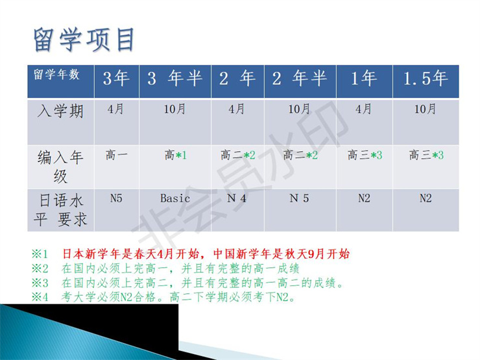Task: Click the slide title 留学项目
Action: pyautogui.click(x=84, y=40)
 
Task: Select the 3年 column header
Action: pyautogui.click(x=116, y=80)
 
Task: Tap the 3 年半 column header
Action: pyautogui.click(x=175, y=80)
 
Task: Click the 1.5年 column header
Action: pyautogui.click(x=426, y=80)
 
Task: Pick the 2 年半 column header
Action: pyautogui.click(x=300, y=80)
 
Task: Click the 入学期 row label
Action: pyautogui.click(x=61, y=112)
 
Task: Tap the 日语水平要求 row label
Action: pyautogui.click(x=61, y=210)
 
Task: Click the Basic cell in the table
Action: pyautogui.click(x=175, y=198)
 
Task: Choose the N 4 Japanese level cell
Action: pyautogui.click(x=237, y=198)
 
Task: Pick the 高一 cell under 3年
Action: pyautogui.click(x=116, y=155)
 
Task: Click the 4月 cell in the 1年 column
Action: pyautogui.click(x=364, y=109)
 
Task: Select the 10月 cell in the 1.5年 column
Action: pyautogui.click(x=426, y=109)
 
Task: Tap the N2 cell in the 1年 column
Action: pyautogui.click(x=364, y=198)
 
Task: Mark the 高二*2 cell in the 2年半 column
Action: pyautogui.click(x=300, y=155)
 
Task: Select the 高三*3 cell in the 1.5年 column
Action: pyautogui.click(x=426, y=155)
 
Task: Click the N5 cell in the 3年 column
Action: pyautogui.click(x=116, y=198)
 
